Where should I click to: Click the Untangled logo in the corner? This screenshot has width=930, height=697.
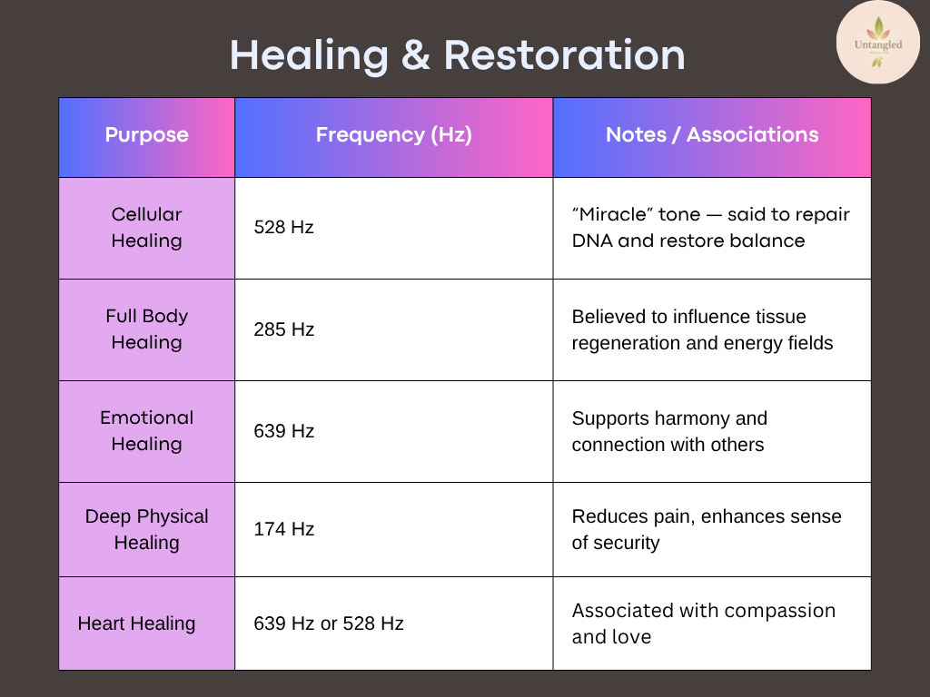point(878,43)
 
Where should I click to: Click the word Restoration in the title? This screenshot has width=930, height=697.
point(564,55)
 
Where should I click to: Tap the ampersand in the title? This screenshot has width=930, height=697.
point(416,55)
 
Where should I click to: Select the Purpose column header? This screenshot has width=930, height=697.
point(146,135)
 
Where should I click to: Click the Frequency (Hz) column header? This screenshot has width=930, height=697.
point(394,135)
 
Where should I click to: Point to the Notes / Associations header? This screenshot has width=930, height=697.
point(712,135)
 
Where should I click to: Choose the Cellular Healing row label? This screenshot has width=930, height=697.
point(146,228)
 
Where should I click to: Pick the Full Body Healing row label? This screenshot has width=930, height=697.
point(146,329)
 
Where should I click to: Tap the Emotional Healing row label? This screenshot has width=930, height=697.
point(146,431)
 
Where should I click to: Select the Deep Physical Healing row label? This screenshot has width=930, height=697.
point(146,529)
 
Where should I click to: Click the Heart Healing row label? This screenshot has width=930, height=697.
point(136,623)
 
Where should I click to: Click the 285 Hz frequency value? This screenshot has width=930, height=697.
point(283,329)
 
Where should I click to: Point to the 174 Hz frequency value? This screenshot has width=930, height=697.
point(283,529)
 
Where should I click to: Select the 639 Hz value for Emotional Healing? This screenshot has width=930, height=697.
point(283,431)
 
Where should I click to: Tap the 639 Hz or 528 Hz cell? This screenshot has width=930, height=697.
point(329,623)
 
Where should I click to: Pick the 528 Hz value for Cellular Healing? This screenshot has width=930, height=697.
point(283,227)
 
